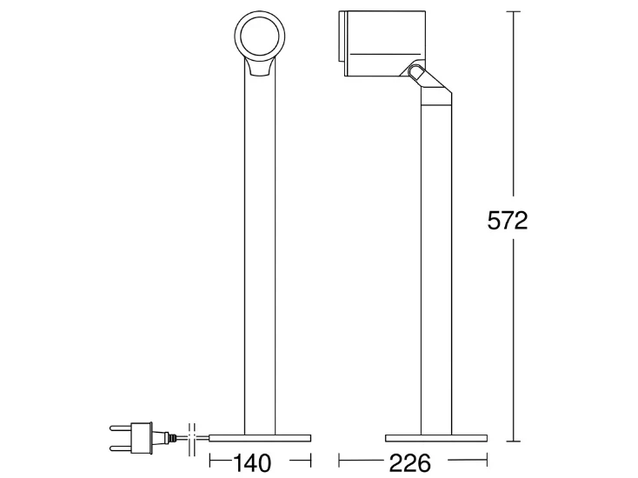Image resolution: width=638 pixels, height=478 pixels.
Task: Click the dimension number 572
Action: pos(508,221)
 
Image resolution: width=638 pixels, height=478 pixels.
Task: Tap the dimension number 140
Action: pos(252,463)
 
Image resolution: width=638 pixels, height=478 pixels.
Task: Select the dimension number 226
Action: pos(410,463)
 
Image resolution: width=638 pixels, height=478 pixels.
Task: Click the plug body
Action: pos(143,438)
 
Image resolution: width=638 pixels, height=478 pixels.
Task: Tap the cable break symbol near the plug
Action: pos(192,440)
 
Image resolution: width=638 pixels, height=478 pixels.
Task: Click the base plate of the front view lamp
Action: pos(261,438)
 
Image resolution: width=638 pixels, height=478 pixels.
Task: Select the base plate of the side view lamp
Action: pos(436,438)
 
